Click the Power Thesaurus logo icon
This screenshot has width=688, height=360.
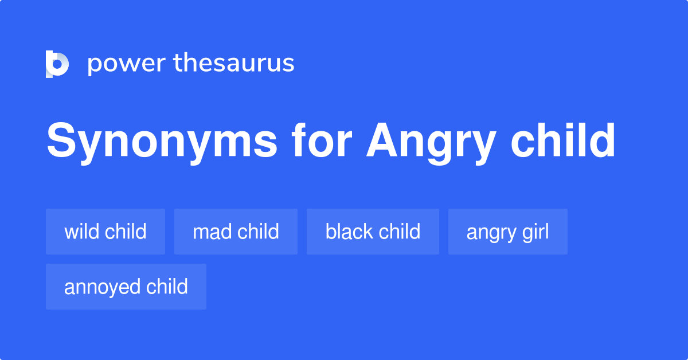pos(57,64)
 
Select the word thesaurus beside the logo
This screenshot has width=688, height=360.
pos(234,64)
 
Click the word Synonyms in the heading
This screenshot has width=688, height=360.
pos(162,142)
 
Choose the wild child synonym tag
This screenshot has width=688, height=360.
pos(105,232)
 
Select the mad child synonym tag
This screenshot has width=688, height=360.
pos(236,232)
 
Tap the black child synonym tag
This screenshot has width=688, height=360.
pos(373,232)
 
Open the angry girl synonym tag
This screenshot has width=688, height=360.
pos(507,232)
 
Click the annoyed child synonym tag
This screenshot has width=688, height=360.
pos(126,287)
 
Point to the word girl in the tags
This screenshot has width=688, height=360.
pos(534,232)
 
